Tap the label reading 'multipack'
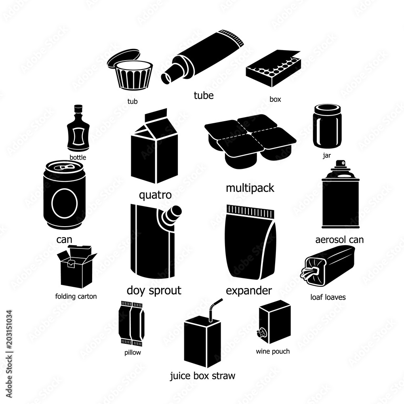(x=250, y=188)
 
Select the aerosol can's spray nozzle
(x=340, y=164)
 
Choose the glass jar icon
(x=327, y=126)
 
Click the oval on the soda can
(x=63, y=203)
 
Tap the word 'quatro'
(x=155, y=195)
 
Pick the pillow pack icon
(x=132, y=323)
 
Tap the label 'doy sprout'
(x=154, y=290)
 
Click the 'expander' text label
(x=249, y=290)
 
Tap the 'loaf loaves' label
(x=328, y=297)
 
